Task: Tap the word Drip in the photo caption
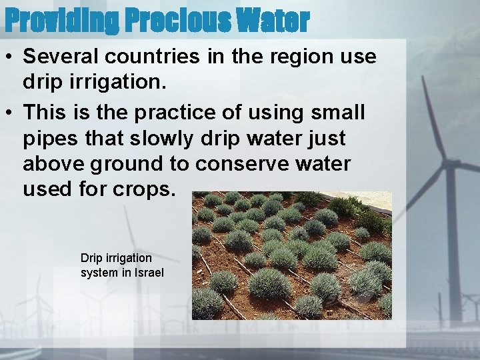click(91, 258)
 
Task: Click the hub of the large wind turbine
click(450, 163)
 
